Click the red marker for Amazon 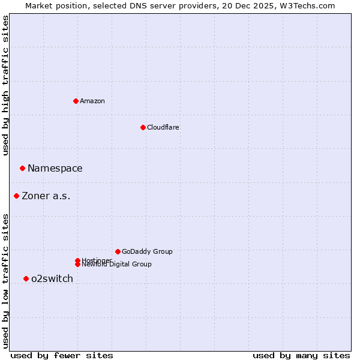click(76, 101)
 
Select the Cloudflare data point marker click(143, 127)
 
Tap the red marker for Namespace click(22, 168)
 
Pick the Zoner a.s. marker click(16, 196)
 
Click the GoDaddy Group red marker click(118, 251)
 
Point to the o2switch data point click(26, 278)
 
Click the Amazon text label click(92, 101)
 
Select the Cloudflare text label click(163, 127)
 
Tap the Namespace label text click(55, 169)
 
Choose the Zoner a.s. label click(46, 196)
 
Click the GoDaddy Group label click(147, 251)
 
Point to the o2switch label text click(52, 279)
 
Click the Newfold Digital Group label click(117, 265)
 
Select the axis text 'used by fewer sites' click(62, 355)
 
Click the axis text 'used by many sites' click(301, 355)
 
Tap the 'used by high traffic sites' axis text click(5, 85)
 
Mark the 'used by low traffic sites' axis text click(5, 280)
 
